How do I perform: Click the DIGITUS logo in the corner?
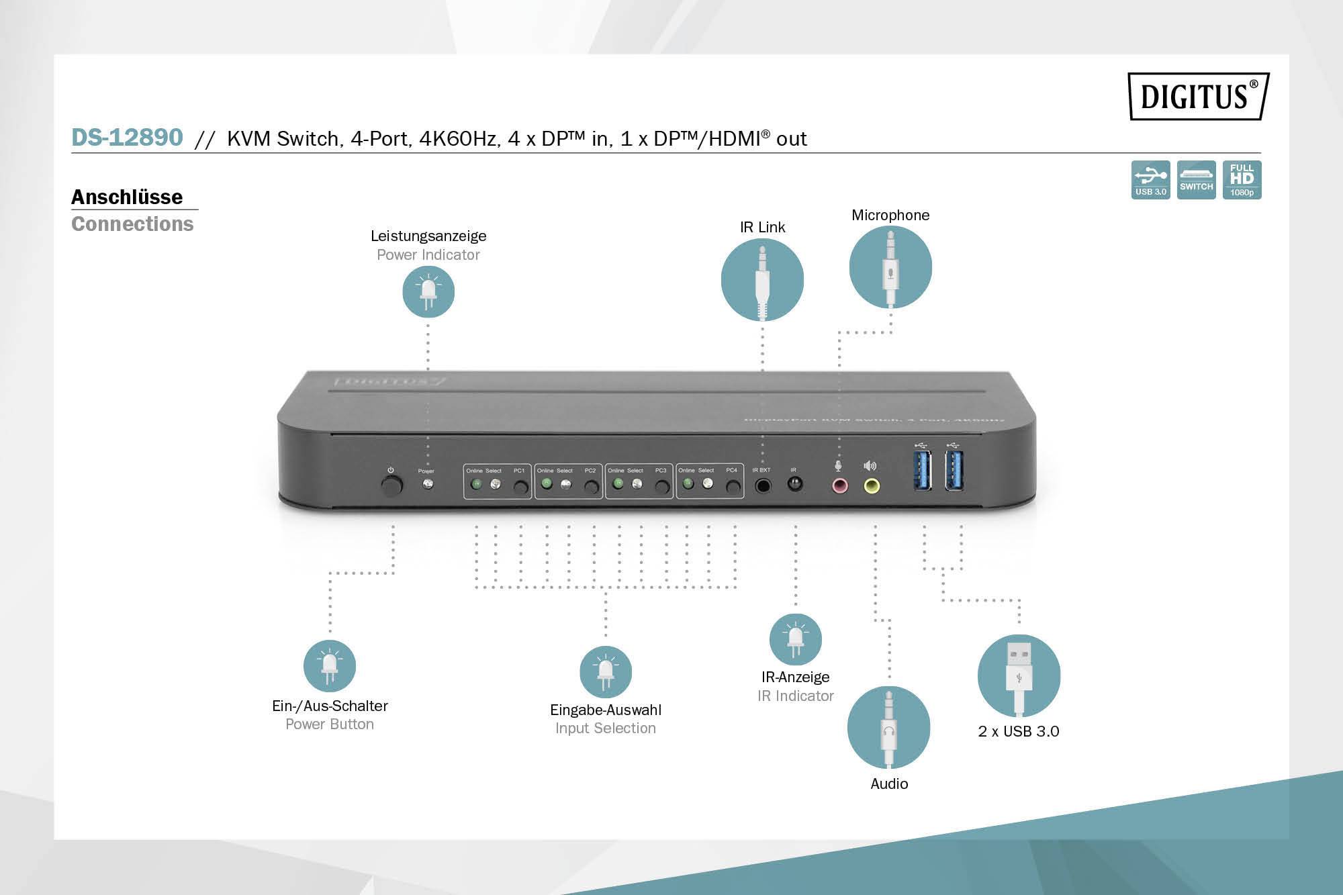(1198, 96)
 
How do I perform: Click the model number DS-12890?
(127, 137)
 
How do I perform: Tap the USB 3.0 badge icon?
(1150, 179)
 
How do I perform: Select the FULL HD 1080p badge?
(1242, 179)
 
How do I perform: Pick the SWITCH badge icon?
(1196, 179)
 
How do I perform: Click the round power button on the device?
(391, 485)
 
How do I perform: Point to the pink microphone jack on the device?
(839, 485)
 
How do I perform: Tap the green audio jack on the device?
(872, 485)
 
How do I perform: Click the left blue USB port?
(923, 470)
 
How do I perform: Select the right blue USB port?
(954, 470)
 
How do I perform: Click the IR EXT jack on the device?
(763, 485)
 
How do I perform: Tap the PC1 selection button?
(520, 487)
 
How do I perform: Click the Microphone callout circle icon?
(890, 267)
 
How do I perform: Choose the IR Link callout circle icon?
(762, 279)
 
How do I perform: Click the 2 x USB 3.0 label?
(1019, 731)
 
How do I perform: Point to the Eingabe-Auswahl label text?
(606, 710)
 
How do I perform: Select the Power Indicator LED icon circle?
(428, 291)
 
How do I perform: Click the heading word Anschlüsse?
(127, 197)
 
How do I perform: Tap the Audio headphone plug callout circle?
(888, 727)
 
